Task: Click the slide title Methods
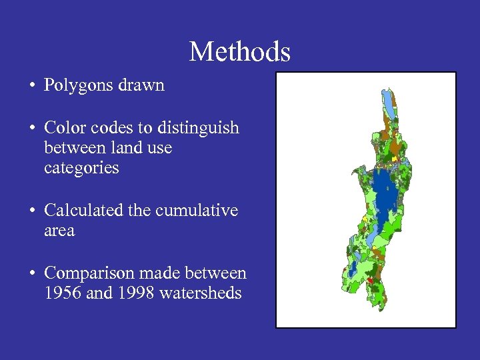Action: point(239,51)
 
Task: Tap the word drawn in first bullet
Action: point(145,85)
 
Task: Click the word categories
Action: point(81,168)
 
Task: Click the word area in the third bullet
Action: point(59,231)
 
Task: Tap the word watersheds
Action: point(201,293)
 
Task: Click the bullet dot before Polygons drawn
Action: point(32,86)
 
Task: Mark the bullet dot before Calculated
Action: point(32,211)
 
